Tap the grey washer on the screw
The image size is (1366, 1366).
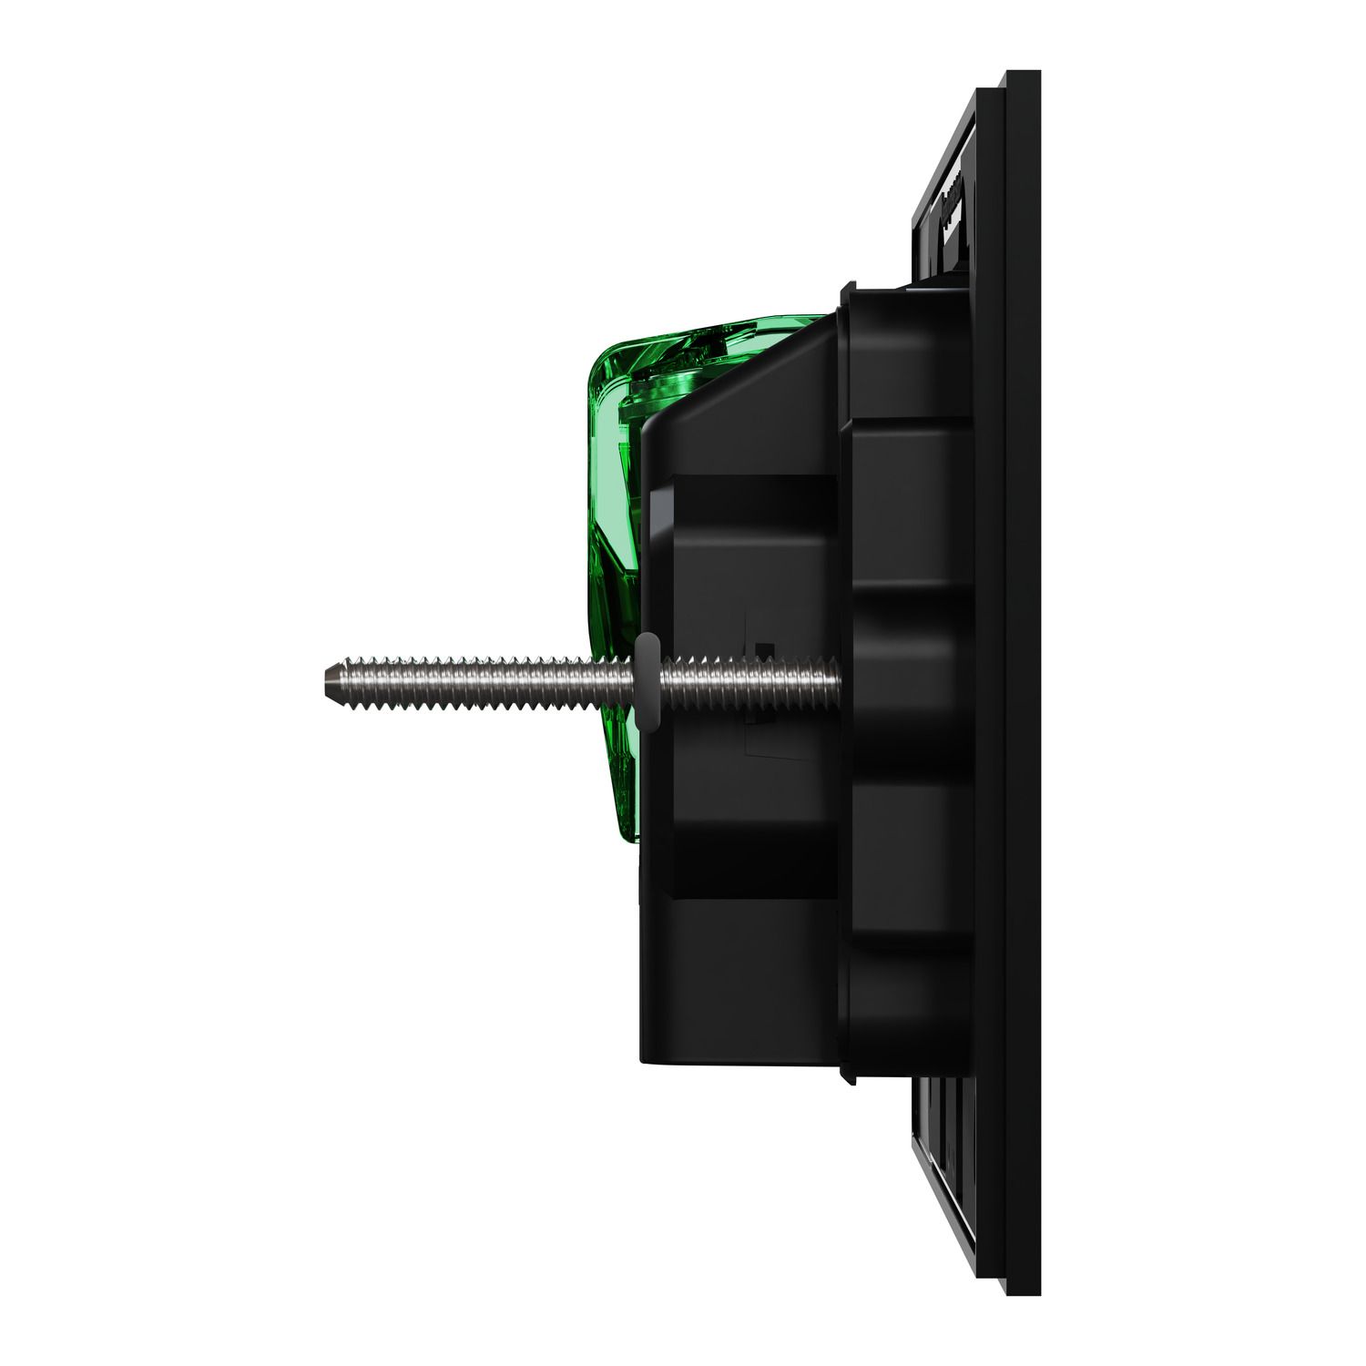(646, 681)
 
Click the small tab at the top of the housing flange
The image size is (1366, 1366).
(846, 290)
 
